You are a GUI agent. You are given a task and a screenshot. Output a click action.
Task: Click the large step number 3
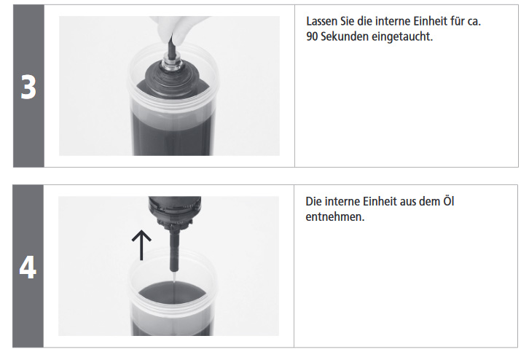(x=28, y=87)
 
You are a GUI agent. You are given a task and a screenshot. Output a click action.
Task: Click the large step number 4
(x=28, y=267)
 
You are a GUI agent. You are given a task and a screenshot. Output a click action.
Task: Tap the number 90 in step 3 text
(x=312, y=36)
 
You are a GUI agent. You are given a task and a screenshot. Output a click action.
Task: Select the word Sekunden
(x=344, y=36)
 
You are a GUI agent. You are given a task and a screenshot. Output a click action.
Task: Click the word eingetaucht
(x=401, y=36)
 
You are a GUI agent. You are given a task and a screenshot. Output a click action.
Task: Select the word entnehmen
(x=335, y=217)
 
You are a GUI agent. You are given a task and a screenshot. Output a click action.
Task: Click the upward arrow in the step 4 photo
(x=141, y=245)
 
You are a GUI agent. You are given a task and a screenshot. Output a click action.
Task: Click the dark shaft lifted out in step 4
(x=174, y=249)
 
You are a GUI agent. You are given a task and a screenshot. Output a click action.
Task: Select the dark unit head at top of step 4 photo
(x=175, y=210)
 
